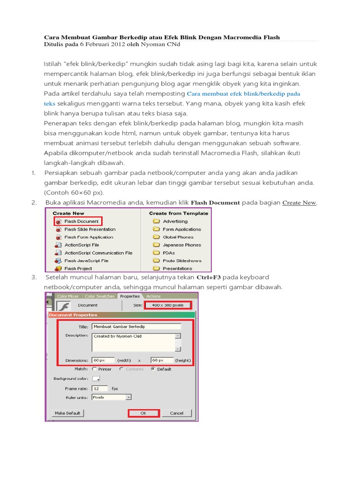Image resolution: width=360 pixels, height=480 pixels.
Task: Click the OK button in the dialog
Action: [x=144, y=413]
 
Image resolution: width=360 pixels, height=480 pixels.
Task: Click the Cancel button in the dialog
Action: [x=177, y=413]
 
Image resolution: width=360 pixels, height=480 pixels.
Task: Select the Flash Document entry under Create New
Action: [x=81, y=221]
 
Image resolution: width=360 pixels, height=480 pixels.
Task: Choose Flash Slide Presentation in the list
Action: [x=90, y=229]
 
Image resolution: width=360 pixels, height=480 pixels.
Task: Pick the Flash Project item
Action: [x=78, y=269]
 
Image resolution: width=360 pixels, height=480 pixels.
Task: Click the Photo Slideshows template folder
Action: [x=182, y=261]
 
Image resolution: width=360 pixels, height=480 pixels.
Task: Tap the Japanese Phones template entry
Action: [x=181, y=245]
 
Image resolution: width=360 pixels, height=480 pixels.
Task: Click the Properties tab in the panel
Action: [x=130, y=296]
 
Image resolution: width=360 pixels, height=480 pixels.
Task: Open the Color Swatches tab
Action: [x=99, y=296]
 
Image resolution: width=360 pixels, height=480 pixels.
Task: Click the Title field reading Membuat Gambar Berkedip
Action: [x=136, y=326]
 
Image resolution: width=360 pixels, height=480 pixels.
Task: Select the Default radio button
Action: [x=153, y=369]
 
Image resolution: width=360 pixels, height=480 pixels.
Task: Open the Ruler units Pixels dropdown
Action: [x=112, y=397]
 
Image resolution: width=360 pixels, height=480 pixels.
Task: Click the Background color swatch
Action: [x=96, y=378]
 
